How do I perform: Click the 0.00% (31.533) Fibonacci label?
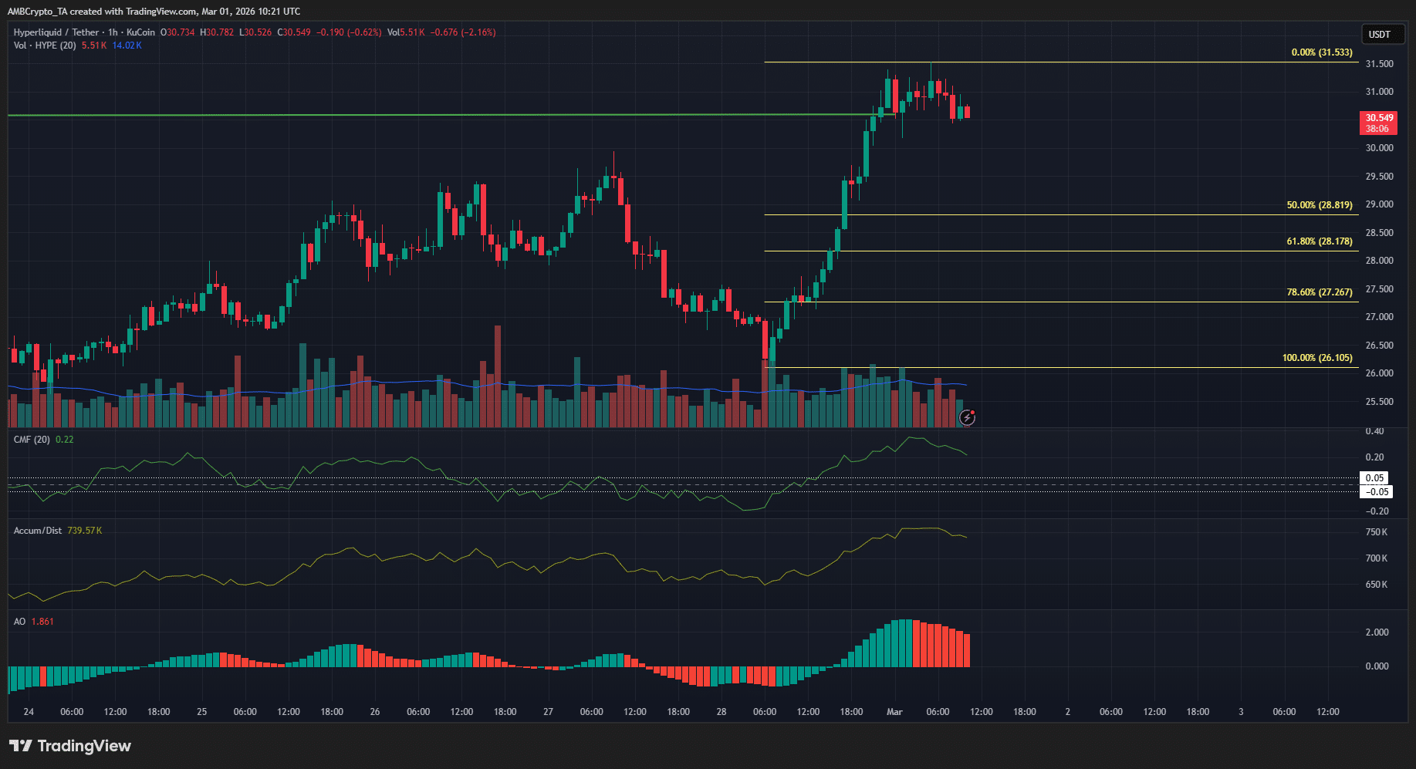(x=1321, y=52)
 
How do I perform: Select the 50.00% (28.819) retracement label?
(x=1319, y=205)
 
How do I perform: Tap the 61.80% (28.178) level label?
(x=1319, y=241)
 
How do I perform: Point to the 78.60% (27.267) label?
(x=1319, y=292)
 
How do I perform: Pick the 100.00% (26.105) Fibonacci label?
(x=1316, y=358)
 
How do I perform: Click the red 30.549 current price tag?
(x=1378, y=123)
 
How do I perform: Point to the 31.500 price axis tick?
(x=1379, y=64)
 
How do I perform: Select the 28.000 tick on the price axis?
(x=1379, y=261)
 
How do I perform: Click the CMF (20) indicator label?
(x=32, y=440)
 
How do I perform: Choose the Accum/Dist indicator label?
(x=38, y=531)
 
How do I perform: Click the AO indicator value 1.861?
(x=42, y=622)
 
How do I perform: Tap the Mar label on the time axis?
(x=894, y=712)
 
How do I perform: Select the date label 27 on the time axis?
(x=548, y=712)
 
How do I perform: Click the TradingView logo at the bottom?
(x=70, y=746)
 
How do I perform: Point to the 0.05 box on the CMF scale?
(x=1374, y=478)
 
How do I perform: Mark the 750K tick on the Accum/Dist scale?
(x=1376, y=532)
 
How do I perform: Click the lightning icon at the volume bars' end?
(x=967, y=418)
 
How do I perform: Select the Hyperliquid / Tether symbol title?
(x=56, y=32)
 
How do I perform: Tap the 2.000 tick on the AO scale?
(x=1377, y=632)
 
